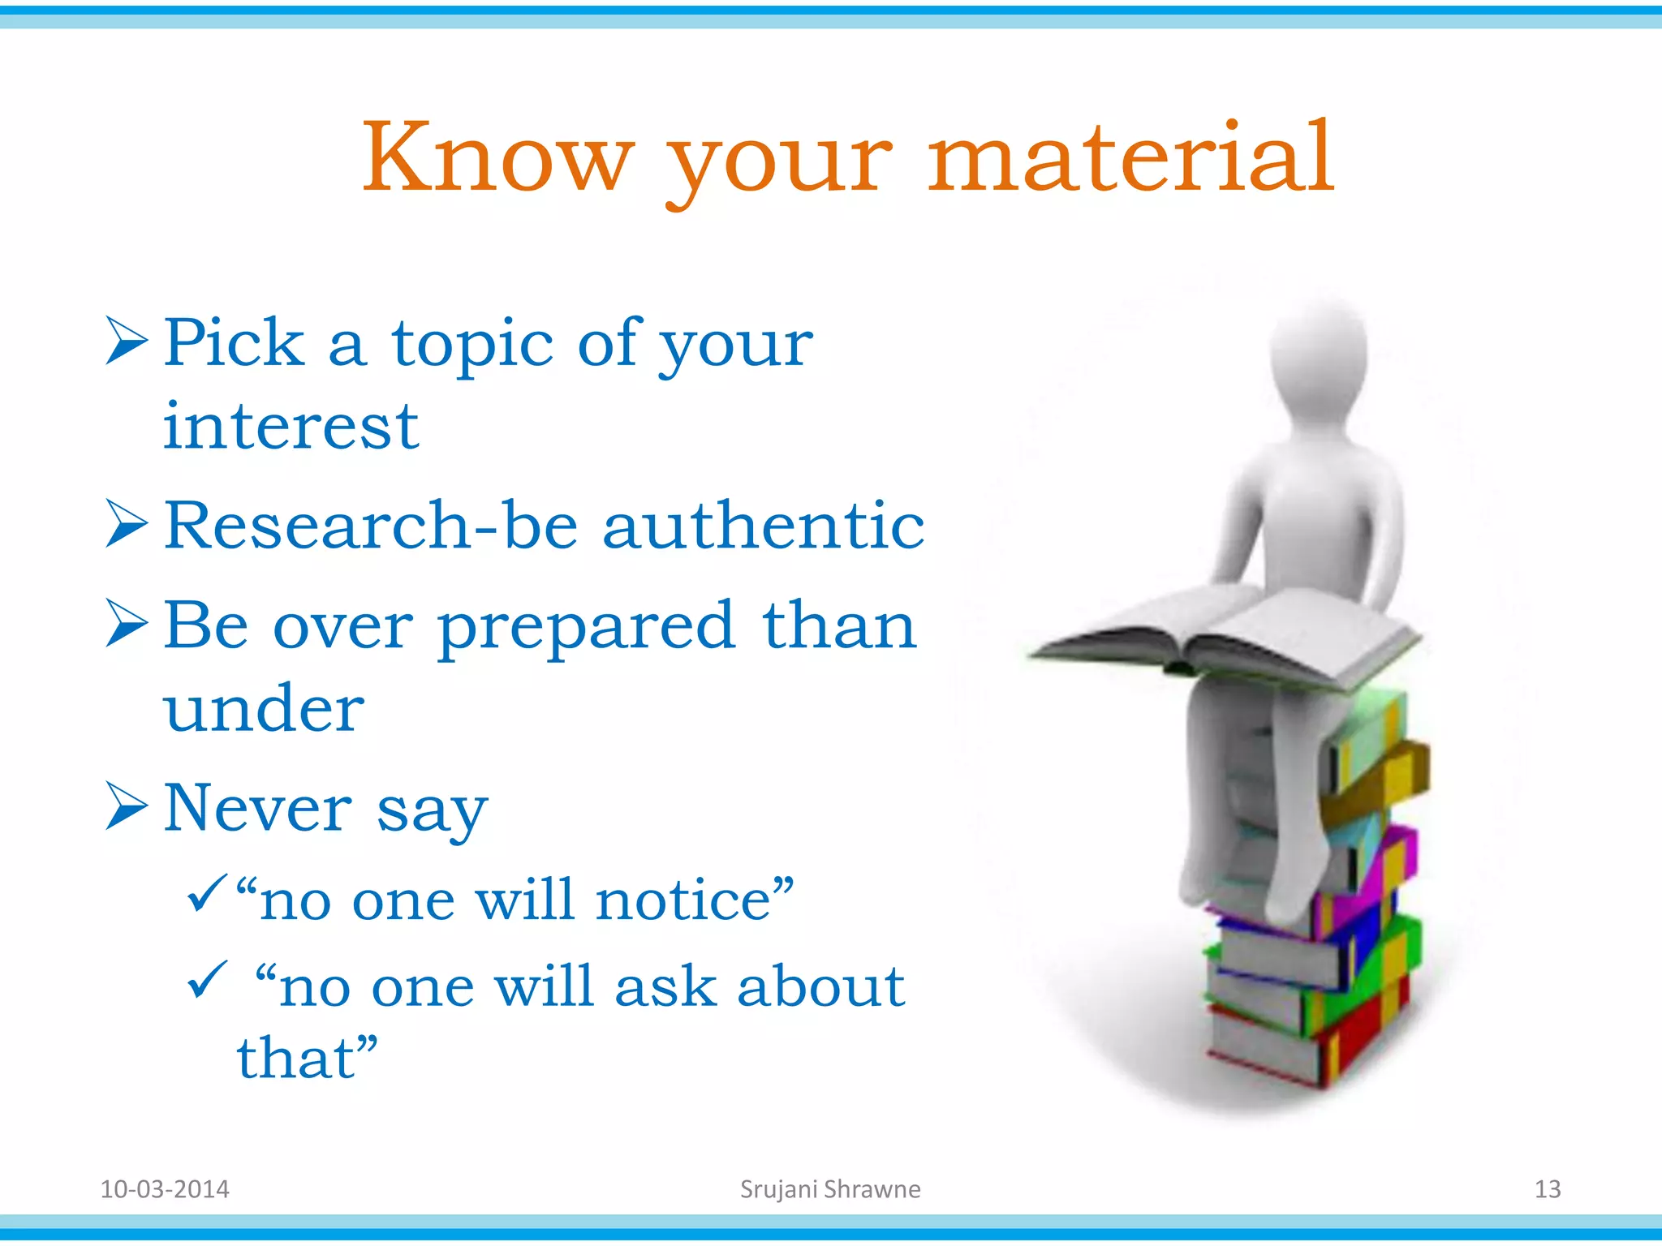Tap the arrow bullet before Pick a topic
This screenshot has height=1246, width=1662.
[127, 341]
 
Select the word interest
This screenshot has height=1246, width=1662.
[291, 427]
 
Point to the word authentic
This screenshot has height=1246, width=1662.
[763, 526]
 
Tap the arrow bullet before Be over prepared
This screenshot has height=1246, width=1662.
[127, 624]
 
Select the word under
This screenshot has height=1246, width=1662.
[264, 708]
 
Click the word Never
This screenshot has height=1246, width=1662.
[258, 808]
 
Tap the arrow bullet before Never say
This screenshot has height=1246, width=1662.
[127, 806]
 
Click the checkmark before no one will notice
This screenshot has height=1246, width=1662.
[205, 893]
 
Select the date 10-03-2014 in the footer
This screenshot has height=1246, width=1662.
[165, 1189]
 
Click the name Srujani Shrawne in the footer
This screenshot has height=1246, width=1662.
[830, 1189]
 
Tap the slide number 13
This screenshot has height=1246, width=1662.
[1547, 1189]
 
